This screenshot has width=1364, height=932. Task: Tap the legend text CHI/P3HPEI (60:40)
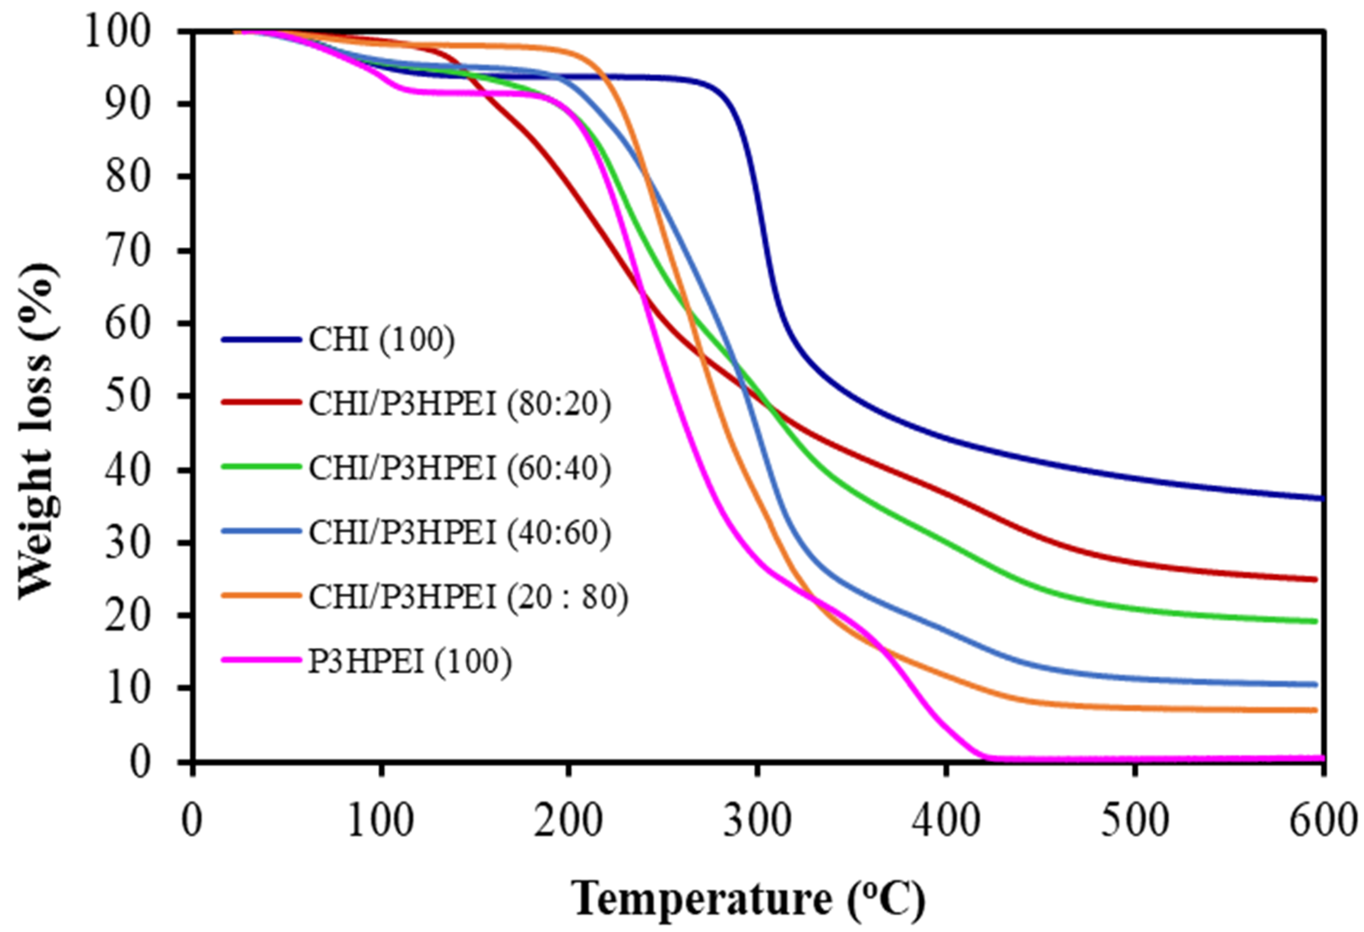pos(459,468)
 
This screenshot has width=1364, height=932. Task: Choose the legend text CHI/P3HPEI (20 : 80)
pos(468,597)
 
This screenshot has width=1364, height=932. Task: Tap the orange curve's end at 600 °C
pos(1315,710)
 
